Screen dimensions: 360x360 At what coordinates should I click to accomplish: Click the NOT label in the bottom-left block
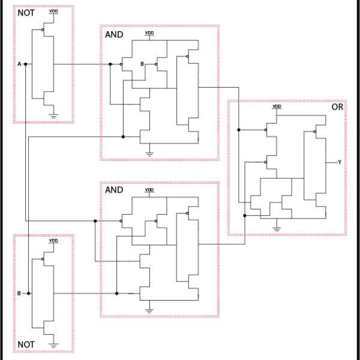coord(26,344)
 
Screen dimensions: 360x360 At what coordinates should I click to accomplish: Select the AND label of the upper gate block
coord(114,35)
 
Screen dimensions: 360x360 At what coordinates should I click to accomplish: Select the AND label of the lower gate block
coord(114,190)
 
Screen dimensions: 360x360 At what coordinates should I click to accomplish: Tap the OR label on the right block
coord(337,107)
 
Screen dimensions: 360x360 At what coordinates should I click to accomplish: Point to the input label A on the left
coord(20,64)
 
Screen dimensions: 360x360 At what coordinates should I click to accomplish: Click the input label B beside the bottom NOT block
coord(19,293)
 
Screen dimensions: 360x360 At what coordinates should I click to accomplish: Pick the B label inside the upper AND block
coord(142,64)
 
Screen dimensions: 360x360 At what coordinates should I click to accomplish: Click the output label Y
coord(340,162)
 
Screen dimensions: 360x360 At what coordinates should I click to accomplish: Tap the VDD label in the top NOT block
coord(53,11)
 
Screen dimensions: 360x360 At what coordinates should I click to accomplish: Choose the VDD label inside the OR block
coord(277,106)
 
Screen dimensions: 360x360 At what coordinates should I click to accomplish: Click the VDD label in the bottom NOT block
coord(53,240)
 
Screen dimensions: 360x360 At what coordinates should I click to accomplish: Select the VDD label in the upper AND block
coord(149,33)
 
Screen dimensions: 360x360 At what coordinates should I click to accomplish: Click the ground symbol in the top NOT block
coord(53,115)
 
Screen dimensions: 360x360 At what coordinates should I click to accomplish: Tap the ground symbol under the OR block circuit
coord(277,228)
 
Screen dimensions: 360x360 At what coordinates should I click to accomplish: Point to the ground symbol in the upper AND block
coord(149,152)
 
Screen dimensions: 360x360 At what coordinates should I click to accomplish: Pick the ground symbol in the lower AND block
coord(149,310)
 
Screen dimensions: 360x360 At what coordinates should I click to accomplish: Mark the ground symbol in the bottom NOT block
coord(53,345)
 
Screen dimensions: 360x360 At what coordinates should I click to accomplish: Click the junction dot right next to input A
coord(26,64)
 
